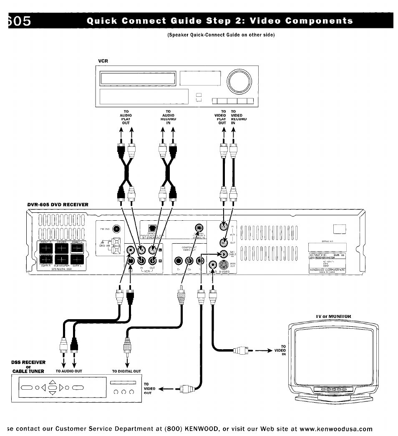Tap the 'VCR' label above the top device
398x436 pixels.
(x=103, y=60)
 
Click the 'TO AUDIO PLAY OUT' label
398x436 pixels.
(x=126, y=117)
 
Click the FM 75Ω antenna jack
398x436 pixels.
(x=116, y=229)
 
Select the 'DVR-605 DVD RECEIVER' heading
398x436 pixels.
(x=58, y=204)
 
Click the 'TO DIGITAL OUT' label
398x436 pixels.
(x=126, y=371)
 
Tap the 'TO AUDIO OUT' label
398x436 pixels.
(x=68, y=371)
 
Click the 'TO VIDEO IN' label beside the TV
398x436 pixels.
(x=283, y=350)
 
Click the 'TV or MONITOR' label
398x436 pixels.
(x=334, y=316)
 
